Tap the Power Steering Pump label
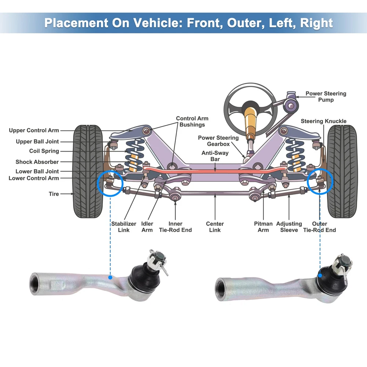(326, 97)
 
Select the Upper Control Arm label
(34, 130)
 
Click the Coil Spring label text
(44, 151)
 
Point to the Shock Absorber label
(37, 162)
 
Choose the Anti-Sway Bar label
(215, 156)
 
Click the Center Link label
(215, 227)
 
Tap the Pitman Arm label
(263, 227)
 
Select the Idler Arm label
(147, 227)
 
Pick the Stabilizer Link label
(124, 227)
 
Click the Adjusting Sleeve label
(289, 227)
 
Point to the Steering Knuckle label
(323, 121)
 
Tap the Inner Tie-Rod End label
(175, 227)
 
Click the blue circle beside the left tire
(110, 183)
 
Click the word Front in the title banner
(203, 23)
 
